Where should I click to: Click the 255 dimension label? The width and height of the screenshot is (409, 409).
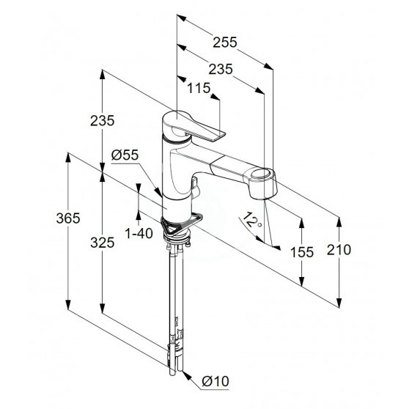[225, 42]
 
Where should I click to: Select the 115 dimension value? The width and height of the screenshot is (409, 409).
[199, 88]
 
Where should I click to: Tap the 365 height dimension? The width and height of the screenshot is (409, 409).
[68, 218]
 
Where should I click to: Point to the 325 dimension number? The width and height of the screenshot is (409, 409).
[103, 243]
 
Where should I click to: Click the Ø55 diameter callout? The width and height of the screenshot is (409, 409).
[125, 155]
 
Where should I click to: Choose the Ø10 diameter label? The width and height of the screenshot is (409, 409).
[215, 381]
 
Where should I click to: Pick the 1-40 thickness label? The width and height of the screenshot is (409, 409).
[139, 233]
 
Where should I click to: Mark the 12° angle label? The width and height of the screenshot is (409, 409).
[251, 220]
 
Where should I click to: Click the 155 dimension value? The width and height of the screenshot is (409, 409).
[302, 252]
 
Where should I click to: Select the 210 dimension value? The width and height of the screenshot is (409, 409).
[339, 250]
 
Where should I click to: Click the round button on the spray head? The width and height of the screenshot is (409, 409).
[262, 174]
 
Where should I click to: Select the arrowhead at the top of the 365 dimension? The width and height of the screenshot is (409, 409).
[68, 158]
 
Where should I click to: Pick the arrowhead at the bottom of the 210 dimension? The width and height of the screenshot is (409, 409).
[339, 303]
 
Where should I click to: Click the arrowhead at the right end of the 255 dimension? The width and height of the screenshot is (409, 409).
[268, 66]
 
